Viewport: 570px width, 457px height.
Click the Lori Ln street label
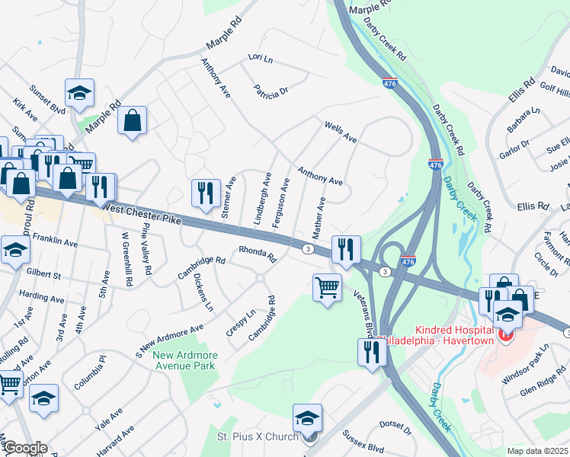pos(260,58)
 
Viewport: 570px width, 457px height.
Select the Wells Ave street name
pos(341,132)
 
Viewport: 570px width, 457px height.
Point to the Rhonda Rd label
pos(257,251)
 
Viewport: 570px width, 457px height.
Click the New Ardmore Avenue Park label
pos(184,360)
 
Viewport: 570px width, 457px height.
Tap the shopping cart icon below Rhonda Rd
pos(327,288)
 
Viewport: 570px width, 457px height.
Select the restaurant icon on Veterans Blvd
pos(371,352)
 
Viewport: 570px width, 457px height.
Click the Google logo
pos(24,448)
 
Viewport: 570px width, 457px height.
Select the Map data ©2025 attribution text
pos(537,451)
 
